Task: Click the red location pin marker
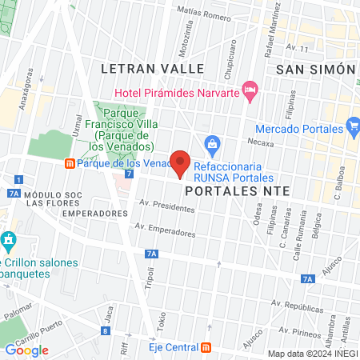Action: coord(180,162)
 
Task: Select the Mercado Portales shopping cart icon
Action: coord(354,126)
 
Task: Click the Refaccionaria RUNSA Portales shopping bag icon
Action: coord(212,144)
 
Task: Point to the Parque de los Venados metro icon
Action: coord(70,164)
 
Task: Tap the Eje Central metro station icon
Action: coord(206,347)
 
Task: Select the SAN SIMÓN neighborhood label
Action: coord(316,70)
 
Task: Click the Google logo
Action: coord(27,350)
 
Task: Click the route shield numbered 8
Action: coord(106,330)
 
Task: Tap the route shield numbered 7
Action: coord(129,174)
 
